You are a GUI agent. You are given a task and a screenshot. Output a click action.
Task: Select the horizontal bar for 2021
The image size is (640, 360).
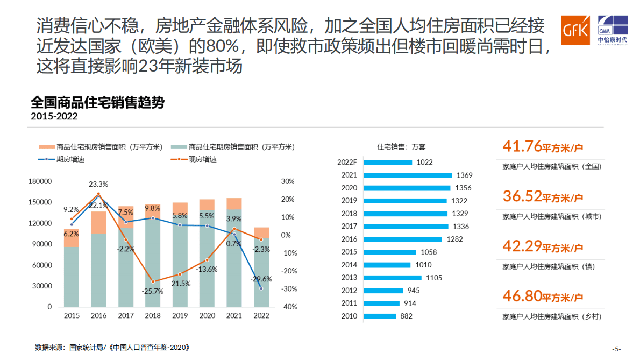407,175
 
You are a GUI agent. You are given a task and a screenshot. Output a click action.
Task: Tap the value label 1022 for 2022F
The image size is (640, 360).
424,162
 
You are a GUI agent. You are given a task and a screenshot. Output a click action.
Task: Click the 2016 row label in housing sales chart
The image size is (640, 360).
349,239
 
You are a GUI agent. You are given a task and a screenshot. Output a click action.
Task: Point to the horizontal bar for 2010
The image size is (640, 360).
380,316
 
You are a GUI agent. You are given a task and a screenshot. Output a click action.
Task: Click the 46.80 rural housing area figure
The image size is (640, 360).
522,296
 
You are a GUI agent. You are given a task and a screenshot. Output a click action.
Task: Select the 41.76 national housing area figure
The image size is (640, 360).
522,146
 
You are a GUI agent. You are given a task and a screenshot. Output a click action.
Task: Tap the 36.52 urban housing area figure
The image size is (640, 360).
522,196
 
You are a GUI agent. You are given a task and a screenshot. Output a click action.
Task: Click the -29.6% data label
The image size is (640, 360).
261,279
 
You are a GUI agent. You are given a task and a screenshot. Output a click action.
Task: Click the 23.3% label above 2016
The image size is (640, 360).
98,184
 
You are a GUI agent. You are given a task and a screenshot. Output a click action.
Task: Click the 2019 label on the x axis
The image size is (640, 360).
180,316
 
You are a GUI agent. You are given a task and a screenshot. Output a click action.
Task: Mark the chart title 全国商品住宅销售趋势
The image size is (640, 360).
97,103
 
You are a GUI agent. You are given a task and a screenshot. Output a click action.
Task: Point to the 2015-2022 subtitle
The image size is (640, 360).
54,116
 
